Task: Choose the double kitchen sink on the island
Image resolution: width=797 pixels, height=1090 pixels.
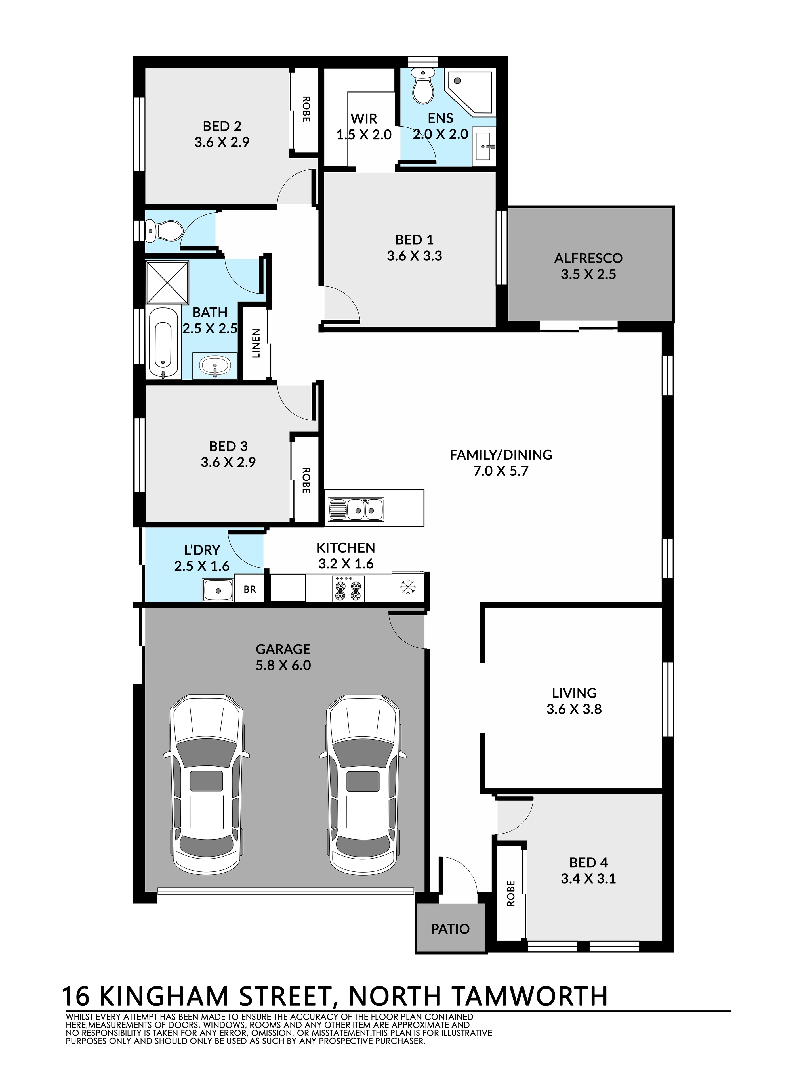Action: [x=356, y=509]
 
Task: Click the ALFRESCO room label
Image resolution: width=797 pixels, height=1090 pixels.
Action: [x=588, y=258]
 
